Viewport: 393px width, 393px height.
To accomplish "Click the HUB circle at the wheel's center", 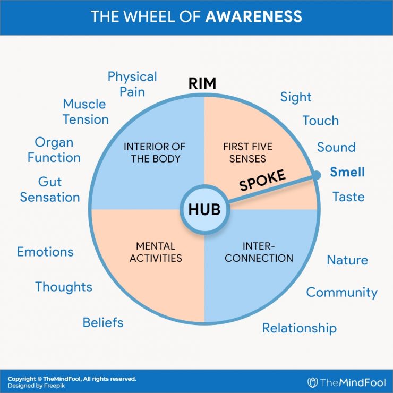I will click(x=204, y=209).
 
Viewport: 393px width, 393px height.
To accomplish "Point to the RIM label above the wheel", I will click(x=204, y=83).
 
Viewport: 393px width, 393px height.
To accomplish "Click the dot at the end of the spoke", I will click(x=317, y=175).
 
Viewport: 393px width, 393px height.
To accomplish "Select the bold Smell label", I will click(x=347, y=172).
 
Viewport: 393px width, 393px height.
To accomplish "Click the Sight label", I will click(x=296, y=97).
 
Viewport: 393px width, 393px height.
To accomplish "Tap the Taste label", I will click(x=348, y=196).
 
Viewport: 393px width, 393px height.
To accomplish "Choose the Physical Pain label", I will click(x=132, y=84).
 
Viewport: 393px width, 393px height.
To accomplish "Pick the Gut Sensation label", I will click(x=50, y=190).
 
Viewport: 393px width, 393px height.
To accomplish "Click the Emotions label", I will click(x=45, y=252).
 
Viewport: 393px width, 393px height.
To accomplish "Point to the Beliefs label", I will click(x=103, y=322).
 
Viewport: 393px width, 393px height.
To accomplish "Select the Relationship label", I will click(x=299, y=328).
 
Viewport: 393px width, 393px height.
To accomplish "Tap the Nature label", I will click(x=347, y=260).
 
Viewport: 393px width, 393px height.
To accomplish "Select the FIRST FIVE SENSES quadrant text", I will click(x=244, y=152).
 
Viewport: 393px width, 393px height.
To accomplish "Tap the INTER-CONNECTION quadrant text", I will click(x=260, y=252).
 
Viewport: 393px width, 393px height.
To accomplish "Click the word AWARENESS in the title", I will click(x=253, y=16).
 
